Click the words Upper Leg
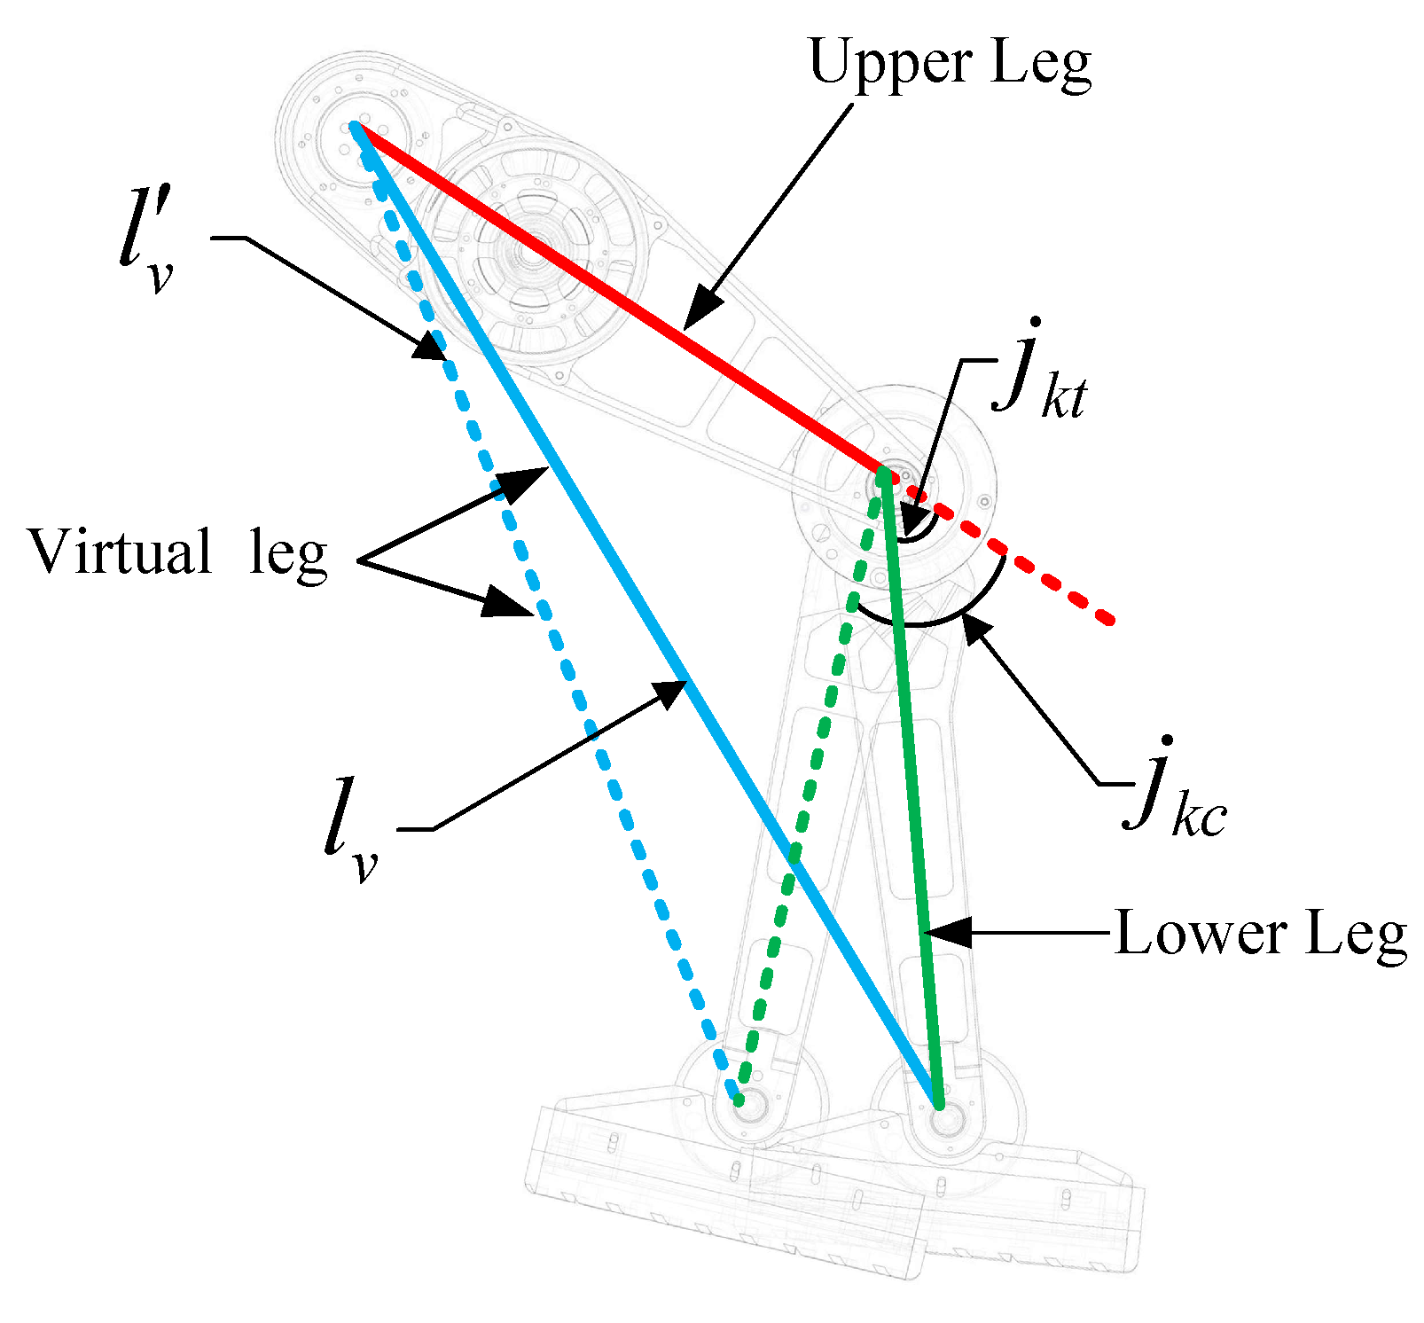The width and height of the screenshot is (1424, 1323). [x=950, y=64]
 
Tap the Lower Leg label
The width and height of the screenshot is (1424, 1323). [x=1260, y=934]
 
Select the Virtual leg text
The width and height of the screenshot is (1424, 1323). [x=178, y=552]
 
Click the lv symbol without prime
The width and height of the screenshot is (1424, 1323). [x=351, y=830]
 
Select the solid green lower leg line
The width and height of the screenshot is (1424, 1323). [x=913, y=798]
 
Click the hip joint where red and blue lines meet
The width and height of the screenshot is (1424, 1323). [x=356, y=127]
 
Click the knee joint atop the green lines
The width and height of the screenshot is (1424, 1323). [x=883, y=474]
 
